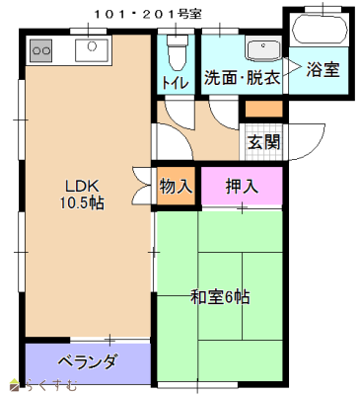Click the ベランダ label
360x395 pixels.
point(87,361)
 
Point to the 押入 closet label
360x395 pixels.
point(242,185)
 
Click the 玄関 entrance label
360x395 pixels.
point(262,141)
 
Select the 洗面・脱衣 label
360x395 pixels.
point(243,77)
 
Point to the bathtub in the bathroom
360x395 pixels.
point(319,29)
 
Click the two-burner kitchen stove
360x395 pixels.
point(41,46)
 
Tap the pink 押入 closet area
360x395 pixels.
point(242,186)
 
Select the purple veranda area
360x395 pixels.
point(87,361)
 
